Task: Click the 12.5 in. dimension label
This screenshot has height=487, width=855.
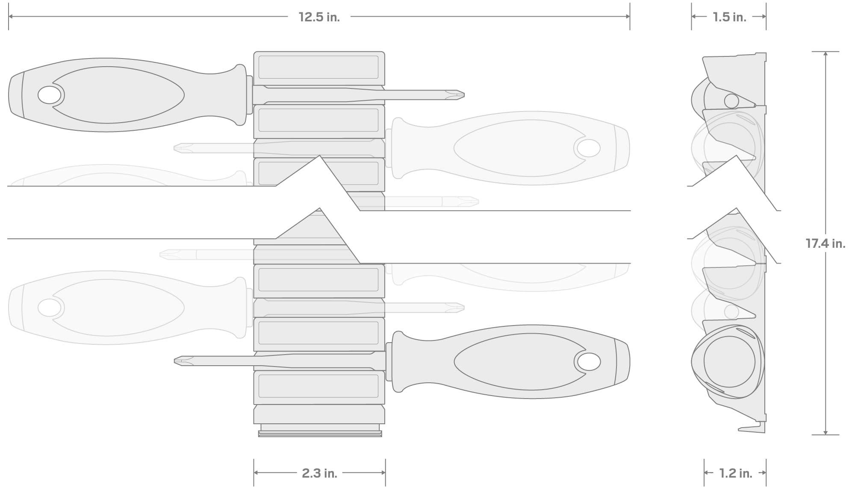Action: tap(319, 17)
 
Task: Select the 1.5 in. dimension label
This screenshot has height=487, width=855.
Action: tap(729, 17)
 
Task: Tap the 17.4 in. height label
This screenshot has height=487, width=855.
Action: tap(825, 243)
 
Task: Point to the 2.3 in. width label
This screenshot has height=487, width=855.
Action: tap(319, 473)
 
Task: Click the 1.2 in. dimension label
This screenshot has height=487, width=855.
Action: tap(735, 473)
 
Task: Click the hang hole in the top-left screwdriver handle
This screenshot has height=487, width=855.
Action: tap(50, 95)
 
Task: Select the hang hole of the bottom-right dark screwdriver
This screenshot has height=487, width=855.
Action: tap(589, 362)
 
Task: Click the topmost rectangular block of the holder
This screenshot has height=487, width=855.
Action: tap(318, 67)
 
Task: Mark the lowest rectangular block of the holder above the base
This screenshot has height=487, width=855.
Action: tap(318, 387)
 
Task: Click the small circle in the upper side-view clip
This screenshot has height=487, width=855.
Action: tap(731, 101)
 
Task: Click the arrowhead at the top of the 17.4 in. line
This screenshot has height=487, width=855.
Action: tap(826, 54)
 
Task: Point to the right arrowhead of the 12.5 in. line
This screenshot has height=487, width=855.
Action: tap(628, 17)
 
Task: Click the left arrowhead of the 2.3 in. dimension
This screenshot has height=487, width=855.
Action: tap(256, 472)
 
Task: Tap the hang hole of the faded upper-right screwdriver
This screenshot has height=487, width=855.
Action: tap(589, 148)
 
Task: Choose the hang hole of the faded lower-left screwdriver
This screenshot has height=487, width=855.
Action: tap(50, 308)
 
